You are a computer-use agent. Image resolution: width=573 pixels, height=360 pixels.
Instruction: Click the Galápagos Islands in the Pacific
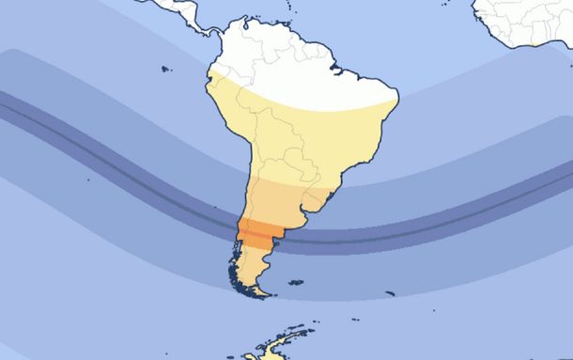coord(166,69)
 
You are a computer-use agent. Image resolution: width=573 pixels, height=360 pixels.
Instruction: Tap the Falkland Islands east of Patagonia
coord(295,282)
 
